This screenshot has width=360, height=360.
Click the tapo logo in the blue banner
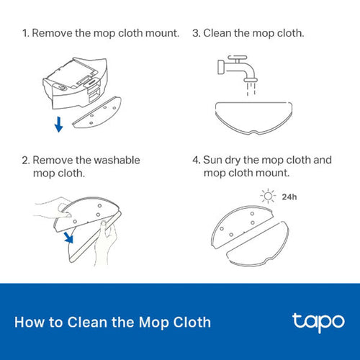pos(318,321)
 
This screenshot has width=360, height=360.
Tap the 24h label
pos(289,196)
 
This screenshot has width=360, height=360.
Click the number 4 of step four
pos(195,160)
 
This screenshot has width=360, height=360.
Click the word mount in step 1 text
pos(161,34)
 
